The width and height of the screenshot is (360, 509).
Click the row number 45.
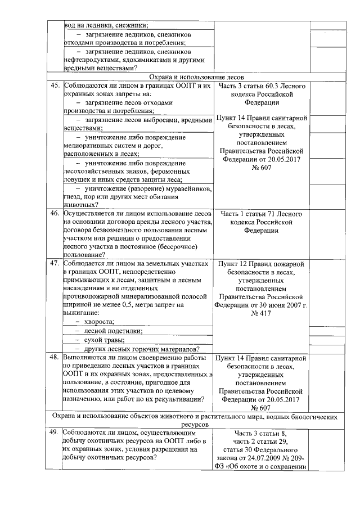coord(55,85)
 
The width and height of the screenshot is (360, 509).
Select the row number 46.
coord(55,214)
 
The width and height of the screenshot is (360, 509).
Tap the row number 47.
coord(55,263)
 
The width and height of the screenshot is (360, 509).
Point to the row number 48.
coord(55,357)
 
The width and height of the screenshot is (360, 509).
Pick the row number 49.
coord(55,433)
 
